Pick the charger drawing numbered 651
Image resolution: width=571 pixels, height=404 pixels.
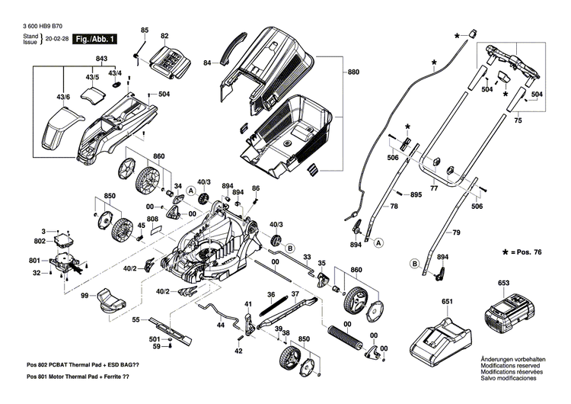click(440, 335)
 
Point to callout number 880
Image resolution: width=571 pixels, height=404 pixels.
click(352, 72)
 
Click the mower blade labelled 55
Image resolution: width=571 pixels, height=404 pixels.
click(169, 326)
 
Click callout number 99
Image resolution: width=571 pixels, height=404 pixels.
click(86, 295)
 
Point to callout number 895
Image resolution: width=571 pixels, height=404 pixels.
click(416, 195)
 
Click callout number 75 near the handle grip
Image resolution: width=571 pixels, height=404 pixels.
click(518, 120)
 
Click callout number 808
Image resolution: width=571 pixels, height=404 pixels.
click(152, 220)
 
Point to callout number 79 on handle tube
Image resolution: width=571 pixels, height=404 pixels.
click(457, 232)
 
